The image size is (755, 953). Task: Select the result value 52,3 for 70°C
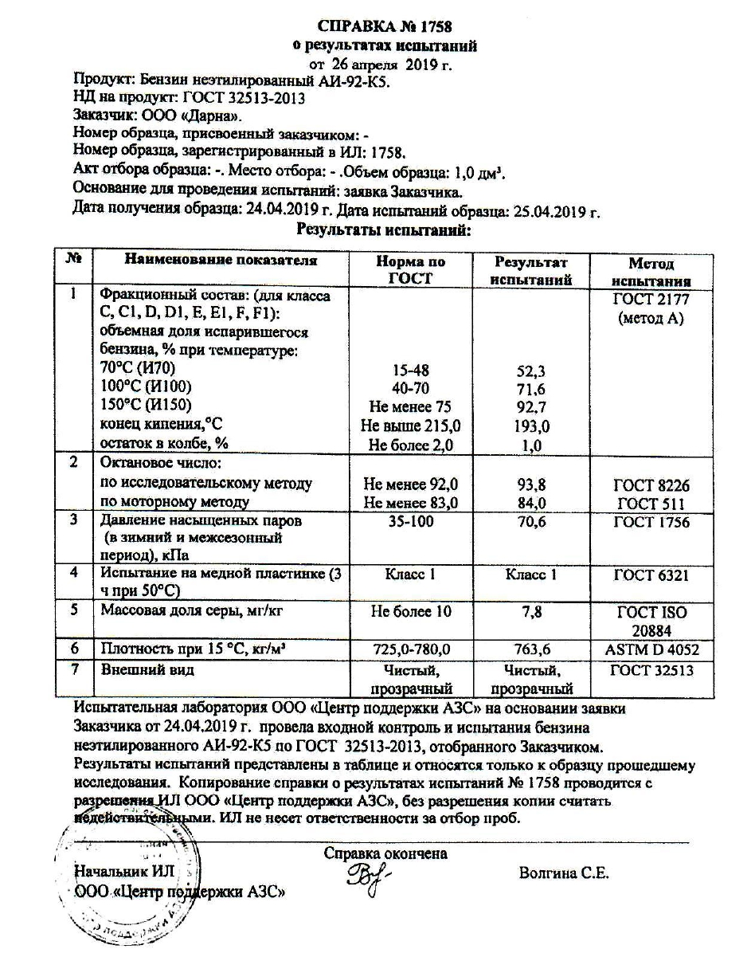click(530, 371)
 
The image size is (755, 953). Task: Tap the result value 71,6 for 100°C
click(530, 389)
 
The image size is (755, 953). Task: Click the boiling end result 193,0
click(530, 426)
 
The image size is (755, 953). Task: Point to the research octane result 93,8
click(530, 484)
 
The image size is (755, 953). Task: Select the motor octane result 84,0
click(530, 503)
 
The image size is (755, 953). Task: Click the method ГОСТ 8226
click(651, 484)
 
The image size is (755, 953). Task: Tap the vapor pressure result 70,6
click(530, 523)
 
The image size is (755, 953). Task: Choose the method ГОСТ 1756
click(651, 523)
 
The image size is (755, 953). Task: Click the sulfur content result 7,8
click(530, 612)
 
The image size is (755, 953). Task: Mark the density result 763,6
click(530, 649)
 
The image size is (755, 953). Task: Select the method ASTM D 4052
click(651, 649)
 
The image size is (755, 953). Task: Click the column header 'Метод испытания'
click(651, 272)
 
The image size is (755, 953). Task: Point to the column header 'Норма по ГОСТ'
click(410, 270)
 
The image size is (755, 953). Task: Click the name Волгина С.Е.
click(563, 873)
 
